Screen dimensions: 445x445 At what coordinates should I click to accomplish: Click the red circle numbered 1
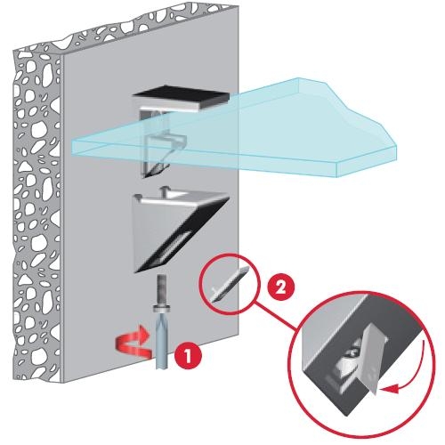pyautogui.click(x=188, y=355)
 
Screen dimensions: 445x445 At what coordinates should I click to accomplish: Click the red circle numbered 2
pyautogui.click(x=280, y=287)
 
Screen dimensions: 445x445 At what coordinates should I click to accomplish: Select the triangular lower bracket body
pyautogui.click(x=178, y=230)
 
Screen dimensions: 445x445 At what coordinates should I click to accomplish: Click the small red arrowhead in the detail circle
pyautogui.click(x=389, y=389)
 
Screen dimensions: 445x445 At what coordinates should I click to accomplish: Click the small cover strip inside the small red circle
pyautogui.click(x=229, y=284)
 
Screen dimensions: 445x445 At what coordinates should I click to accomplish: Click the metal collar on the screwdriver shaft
pyautogui.click(x=161, y=308)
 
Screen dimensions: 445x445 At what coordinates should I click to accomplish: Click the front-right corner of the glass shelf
pyautogui.click(x=337, y=176)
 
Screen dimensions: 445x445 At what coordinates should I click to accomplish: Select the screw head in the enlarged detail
pyautogui.click(x=352, y=353)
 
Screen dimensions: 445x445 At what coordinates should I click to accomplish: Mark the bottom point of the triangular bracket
pyautogui.click(x=136, y=272)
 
